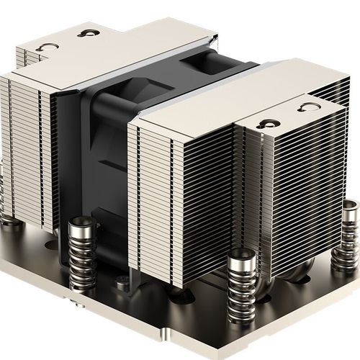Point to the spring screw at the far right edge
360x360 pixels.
[351, 223]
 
